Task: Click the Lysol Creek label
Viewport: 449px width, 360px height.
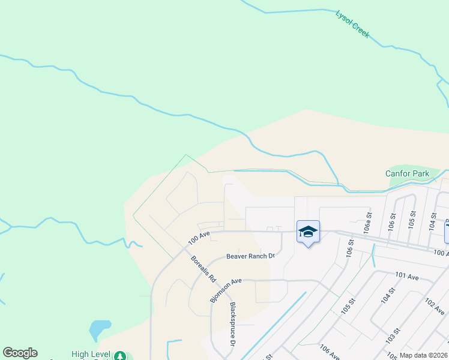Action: click(x=352, y=24)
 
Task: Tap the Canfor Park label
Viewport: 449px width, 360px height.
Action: click(x=407, y=173)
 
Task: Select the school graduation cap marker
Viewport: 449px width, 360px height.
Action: click(x=308, y=232)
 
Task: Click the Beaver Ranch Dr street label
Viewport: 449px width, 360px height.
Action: click(x=250, y=256)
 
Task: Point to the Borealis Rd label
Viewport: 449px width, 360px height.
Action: click(x=203, y=269)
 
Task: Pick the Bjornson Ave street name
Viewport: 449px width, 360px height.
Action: click(x=226, y=289)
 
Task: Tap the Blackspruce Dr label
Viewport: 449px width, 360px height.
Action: click(x=233, y=324)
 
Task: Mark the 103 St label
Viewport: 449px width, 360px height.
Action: click(x=394, y=340)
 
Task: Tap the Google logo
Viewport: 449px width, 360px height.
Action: click(x=20, y=353)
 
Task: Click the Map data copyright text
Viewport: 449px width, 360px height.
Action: click(x=424, y=355)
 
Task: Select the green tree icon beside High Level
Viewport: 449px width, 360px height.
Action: click(x=121, y=355)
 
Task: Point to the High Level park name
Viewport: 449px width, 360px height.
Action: click(x=91, y=355)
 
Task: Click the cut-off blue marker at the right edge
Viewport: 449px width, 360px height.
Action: click(x=447, y=232)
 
